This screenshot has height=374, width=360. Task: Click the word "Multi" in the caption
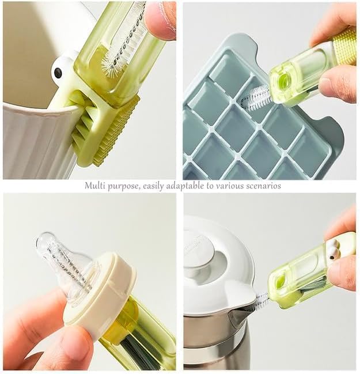point(94,186)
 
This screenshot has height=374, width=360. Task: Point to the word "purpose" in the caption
point(123,187)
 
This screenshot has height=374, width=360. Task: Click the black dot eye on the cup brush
point(58,72)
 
